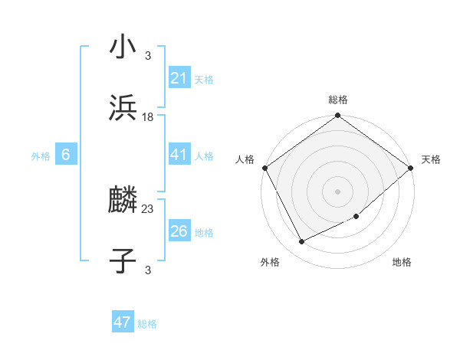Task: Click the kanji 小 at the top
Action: point(123,47)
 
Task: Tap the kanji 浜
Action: point(123,108)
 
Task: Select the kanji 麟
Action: point(123,201)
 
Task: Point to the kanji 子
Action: point(123,260)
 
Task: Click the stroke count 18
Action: point(148,116)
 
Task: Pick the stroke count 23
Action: point(148,208)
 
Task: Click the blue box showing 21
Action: point(179,78)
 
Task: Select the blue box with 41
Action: point(179,155)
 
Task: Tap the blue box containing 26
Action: point(179,231)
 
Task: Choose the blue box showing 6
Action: point(66,155)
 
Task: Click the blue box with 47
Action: point(123,322)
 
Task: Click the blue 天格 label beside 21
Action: point(204,79)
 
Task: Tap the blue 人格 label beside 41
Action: point(204,156)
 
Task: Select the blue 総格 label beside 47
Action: point(147,324)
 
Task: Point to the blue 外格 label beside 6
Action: point(41,156)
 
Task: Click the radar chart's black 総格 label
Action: point(338,100)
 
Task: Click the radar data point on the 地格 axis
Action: point(356,217)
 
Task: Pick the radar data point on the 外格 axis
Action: point(301,242)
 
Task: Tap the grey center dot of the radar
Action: point(338,191)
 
